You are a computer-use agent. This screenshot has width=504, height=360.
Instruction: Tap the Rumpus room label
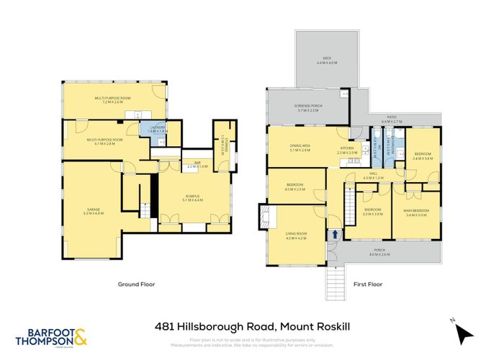coord(192,197)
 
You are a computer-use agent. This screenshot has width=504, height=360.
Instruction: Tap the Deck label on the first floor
coord(327,60)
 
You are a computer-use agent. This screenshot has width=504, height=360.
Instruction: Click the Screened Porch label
coord(307,107)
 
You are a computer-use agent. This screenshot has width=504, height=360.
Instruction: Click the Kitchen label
coord(347,150)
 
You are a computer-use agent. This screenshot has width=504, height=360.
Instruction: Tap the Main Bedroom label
coord(416,212)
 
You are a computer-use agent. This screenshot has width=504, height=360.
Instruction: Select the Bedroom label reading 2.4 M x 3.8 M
coord(423,156)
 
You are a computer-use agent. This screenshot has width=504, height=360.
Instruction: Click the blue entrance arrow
coord(336,234)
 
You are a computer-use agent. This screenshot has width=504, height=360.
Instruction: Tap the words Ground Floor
coord(136,284)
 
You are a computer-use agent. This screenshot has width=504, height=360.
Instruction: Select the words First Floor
coord(367,284)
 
